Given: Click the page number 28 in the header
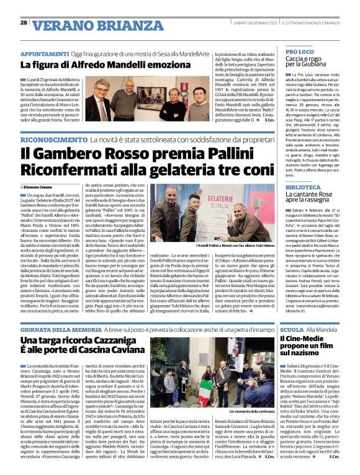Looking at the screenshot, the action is click(x=24, y=22).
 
